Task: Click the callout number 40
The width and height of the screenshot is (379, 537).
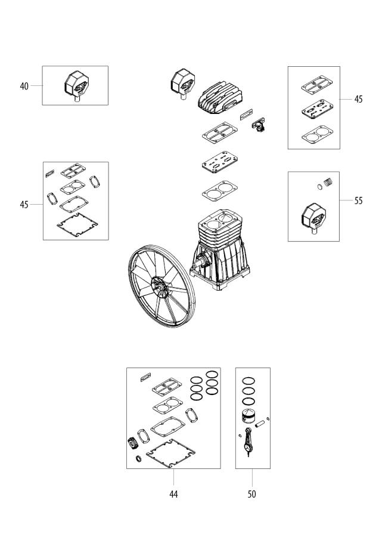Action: pyautogui.click(x=24, y=86)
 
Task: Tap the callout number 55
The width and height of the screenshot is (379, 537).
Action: pyautogui.click(x=358, y=201)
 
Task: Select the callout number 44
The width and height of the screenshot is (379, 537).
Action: pyautogui.click(x=173, y=494)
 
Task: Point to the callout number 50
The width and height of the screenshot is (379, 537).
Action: pyautogui.click(x=251, y=494)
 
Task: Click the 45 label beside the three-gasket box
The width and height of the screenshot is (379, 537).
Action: pyautogui.click(x=358, y=100)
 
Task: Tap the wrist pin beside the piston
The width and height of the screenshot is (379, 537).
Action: pyautogui.click(x=260, y=425)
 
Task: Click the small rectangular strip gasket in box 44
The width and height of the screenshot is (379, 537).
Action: pyautogui.click(x=145, y=377)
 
